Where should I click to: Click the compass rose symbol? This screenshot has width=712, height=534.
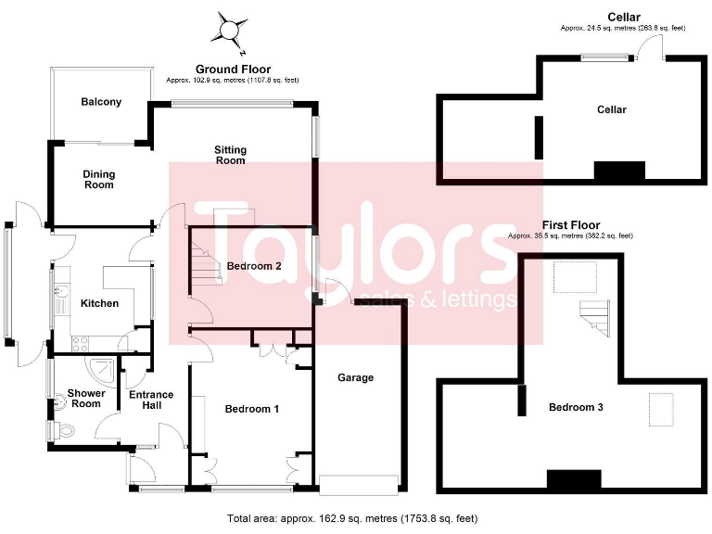[228, 29]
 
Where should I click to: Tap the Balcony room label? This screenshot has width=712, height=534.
[101, 102]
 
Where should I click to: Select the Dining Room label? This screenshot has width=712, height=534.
[98, 179]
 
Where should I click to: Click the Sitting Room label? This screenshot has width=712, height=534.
[230, 155]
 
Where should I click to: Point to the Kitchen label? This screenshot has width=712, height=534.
[99, 303]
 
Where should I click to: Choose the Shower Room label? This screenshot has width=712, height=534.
[86, 399]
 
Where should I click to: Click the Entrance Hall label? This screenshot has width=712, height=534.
[151, 400]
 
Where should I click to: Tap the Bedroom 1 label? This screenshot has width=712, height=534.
[252, 409]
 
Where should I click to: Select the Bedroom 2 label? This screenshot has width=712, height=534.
[253, 266]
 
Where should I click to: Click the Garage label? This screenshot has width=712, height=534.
[355, 377]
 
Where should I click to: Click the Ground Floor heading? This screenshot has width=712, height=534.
[233, 70]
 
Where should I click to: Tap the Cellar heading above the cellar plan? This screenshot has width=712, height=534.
[624, 18]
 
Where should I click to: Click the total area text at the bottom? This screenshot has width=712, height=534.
[352, 518]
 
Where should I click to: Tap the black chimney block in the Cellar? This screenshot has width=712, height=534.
[618, 172]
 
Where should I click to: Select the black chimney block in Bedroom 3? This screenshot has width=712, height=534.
[566, 478]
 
